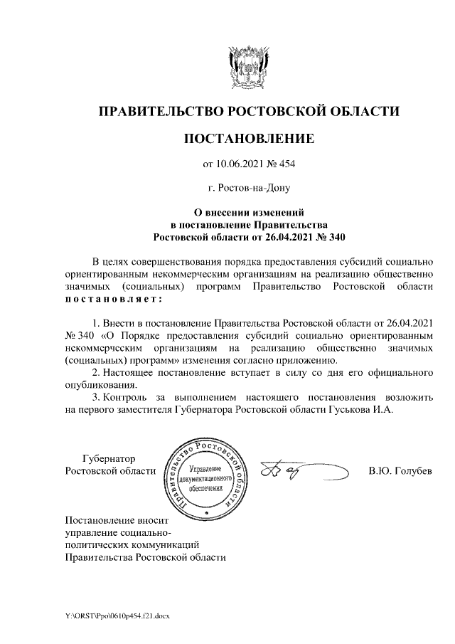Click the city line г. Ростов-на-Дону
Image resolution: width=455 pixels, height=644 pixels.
[249, 189]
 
